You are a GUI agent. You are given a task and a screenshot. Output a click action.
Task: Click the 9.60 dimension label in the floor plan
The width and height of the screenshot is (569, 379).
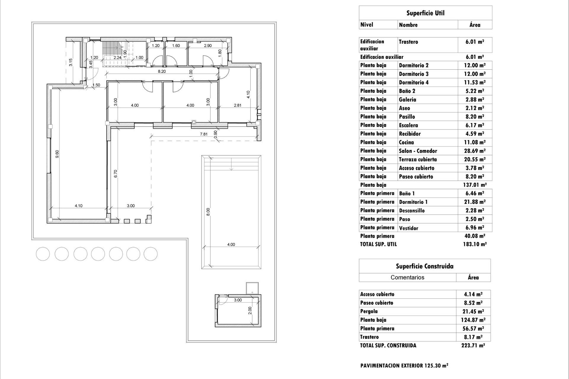pyautogui.click(x=57, y=154)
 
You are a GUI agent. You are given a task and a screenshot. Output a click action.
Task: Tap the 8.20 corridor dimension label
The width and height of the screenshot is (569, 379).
pyautogui.click(x=162, y=71)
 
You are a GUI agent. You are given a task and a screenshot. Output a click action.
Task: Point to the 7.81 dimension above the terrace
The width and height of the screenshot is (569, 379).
pyautogui.click(x=204, y=134)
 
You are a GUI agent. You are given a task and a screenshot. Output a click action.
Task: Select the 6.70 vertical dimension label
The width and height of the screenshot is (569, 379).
pyautogui.click(x=116, y=174)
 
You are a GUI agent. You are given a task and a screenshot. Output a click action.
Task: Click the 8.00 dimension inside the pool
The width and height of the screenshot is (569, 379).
pyautogui.click(x=208, y=212)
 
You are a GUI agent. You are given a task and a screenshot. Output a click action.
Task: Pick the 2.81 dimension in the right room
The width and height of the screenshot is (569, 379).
pyautogui.click(x=237, y=105)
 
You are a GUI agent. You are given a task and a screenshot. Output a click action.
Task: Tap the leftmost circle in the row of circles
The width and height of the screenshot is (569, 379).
pyautogui.click(x=43, y=254)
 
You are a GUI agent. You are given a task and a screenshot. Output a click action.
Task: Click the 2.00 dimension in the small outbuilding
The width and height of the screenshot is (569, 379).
pyautogui.click(x=250, y=310)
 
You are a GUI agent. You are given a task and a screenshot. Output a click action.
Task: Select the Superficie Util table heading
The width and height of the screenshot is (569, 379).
pyautogui.click(x=425, y=13)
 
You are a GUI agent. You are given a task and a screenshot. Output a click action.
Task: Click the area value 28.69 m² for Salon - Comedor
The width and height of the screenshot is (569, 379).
pyautogui.click(x=474, y=151)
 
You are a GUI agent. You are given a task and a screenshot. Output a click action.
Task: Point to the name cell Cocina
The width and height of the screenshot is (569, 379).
pyautogui.click(x=406, y=142)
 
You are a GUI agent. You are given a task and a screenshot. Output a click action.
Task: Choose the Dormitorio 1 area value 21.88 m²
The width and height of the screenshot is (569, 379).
pyautogui.click(x=474, y=202)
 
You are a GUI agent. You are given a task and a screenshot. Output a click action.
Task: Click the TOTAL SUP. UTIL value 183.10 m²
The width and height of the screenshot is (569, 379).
pyautogui.click(x=474, y=244)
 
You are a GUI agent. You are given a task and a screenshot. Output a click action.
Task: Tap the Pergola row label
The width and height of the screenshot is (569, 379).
pyautogui.click(x=369, y=311)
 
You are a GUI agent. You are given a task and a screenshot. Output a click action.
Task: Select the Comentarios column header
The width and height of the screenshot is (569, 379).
pyautogui.click(x=407, y=277)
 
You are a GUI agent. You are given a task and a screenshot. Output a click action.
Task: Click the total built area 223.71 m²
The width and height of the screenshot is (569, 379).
pyautogui.click(x=473, y=345)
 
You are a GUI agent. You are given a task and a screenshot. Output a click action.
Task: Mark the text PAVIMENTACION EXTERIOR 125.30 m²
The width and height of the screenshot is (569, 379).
pyautogui.click(x=404, y=366)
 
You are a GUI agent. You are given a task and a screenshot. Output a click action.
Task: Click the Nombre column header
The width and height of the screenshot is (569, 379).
pyautogui.click(x=408, y=25)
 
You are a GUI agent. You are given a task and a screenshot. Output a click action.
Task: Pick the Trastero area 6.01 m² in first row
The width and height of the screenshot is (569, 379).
pyautogui.click(x=474, y=42)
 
